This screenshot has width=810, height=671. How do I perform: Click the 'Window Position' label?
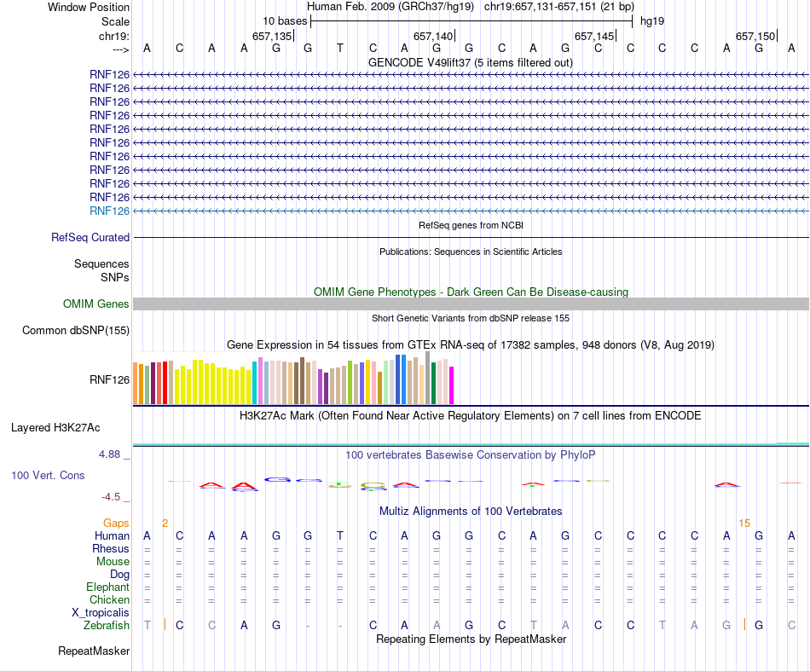(89, 7)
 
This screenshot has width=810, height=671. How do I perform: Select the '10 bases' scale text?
(285, 20)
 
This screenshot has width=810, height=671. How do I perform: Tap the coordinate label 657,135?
(272, 36)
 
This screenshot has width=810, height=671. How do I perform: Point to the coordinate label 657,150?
(755, 36)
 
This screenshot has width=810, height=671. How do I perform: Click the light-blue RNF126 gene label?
(109, 211)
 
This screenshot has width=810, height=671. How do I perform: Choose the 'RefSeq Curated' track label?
(90, 238)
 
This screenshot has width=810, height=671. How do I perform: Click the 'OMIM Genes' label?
(96, 304)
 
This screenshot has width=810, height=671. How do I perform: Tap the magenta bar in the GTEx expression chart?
(452, 385)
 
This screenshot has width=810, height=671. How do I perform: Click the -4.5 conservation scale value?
(113, 497)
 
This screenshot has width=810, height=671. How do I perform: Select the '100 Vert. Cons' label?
(48, 475)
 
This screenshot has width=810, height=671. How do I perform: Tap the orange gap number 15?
(744, 523)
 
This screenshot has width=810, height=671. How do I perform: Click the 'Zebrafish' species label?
(107, 625)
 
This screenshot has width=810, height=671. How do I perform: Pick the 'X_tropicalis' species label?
(101, 612)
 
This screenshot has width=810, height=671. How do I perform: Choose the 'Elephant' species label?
(107, 587)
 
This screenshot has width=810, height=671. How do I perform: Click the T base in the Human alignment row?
(339, 535)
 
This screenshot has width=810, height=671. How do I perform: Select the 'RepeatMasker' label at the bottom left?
(94, 651)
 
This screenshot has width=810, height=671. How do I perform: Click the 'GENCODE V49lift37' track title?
(470, 62)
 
